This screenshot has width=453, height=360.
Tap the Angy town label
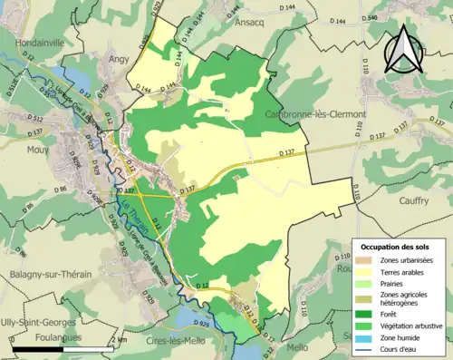tap(119, 58)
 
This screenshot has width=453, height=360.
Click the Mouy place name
tap(38, 151)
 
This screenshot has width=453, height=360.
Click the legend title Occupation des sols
tap(396, 247)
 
